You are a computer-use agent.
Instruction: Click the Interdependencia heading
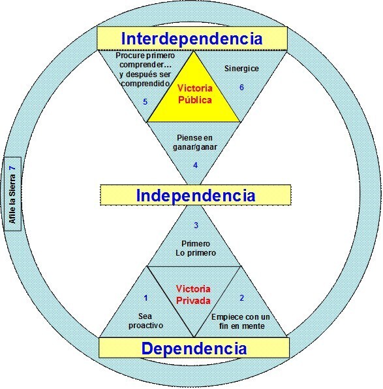click(x=192, y=39)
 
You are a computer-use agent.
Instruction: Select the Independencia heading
click(x=196, y=195)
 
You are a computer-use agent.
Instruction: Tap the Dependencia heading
click(x=194, y=348)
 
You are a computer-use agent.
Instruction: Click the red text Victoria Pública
click(x=195, y=94)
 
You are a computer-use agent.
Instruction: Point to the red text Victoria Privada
click(x=193, y=295)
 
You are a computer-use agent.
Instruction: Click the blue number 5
click(x=145, y=102)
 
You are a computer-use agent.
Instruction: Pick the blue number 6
click(x=241, y=88)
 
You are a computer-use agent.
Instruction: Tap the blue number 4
click(x=195, y=165)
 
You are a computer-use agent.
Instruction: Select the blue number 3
click(x=196, y=226)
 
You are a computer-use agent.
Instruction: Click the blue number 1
click(x=146, y=297)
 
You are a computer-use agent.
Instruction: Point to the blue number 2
click(x=242, y=297)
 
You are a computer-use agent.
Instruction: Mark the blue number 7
click(x=12, y=168)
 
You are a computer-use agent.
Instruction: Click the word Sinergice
click(x=241, y=69)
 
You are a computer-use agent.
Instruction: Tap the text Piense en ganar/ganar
click(x=195, y=143)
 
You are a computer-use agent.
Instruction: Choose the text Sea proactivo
click(x=146, y=321)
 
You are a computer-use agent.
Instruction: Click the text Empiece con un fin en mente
click(x=240, y=321)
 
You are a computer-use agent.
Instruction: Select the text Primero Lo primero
click(x=196, y=248)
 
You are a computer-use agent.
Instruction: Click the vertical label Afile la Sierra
click(x=12, y=199)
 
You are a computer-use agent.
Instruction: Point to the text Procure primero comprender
click(x=146, y=60)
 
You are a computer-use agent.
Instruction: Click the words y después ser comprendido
click(x=145, y=79)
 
